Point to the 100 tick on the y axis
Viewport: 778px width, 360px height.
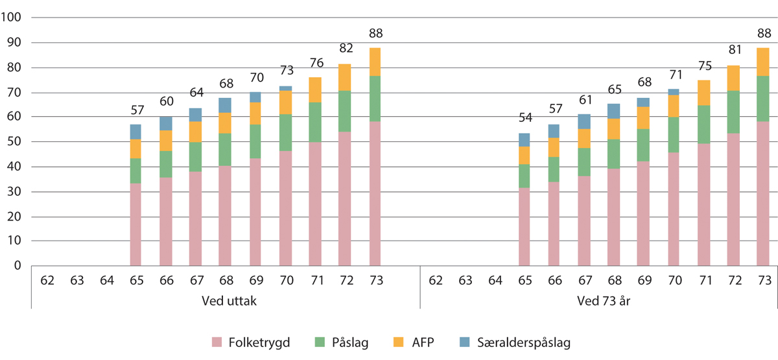[x=13, y=18]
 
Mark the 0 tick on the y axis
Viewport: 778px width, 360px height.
[x=18, y=266]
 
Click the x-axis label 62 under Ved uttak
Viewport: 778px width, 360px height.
[x=47, y=281]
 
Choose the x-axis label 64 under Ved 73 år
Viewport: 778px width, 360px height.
[x=495, y=281]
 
